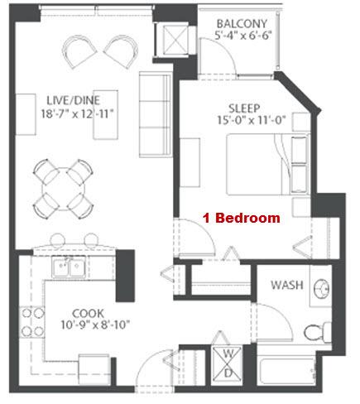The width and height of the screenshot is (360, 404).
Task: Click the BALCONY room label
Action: (242, 24)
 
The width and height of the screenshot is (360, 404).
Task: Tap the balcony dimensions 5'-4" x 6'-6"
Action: (243, 36)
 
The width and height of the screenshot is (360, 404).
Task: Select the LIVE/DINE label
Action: (73, 100)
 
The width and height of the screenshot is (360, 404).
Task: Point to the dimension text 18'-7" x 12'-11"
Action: (77, 113)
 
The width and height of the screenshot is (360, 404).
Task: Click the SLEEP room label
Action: (244, 108)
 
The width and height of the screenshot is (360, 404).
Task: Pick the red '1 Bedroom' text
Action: (242, 218)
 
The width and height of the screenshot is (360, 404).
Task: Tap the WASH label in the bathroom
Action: (287, 285)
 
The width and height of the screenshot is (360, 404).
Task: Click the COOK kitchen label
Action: (88, 314)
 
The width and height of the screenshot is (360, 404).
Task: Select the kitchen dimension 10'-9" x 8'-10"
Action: (95, 325)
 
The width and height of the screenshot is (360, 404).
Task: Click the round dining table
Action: (64, 190)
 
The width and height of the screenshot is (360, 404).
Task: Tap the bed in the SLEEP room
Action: (267, 165)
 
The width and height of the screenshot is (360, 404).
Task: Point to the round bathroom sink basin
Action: (321, 289)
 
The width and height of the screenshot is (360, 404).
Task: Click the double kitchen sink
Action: (69, 267)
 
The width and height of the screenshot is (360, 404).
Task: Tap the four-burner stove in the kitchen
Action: (32, 322)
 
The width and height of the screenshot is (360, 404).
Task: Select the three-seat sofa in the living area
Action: (156, 114)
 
